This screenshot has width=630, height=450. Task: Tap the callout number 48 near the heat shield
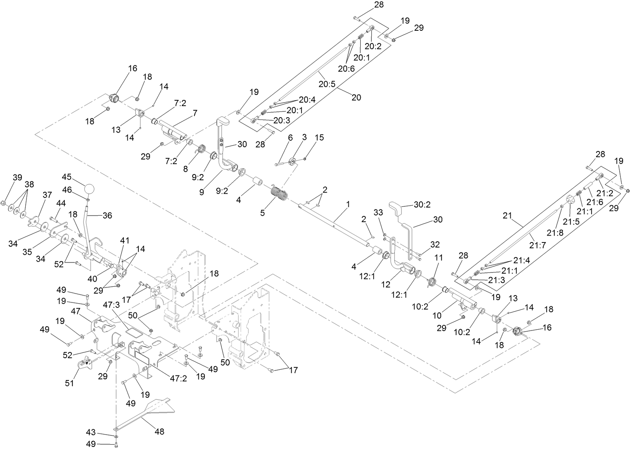coord(159,432)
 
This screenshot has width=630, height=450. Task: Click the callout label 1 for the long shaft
coord(348,204)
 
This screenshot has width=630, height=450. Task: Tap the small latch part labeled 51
coord(86,363)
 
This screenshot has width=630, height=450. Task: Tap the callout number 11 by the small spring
coord(439,257)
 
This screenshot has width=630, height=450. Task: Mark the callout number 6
coord(290,138)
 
